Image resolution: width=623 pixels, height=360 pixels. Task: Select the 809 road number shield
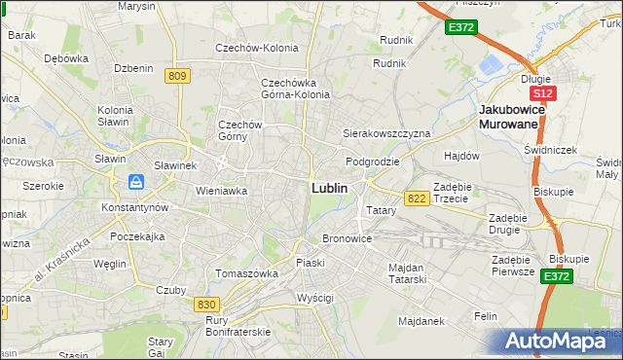click(x=176, y=75)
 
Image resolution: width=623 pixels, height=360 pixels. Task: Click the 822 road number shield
click(x=417, y=198)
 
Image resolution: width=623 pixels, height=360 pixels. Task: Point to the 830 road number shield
click(x=205, y=305)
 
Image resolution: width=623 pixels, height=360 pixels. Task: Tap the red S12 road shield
click(x=542, y=93)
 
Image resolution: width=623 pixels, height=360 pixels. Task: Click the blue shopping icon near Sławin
click(x=136, y=182)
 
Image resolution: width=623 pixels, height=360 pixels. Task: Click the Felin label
click(x=485, y=316)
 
